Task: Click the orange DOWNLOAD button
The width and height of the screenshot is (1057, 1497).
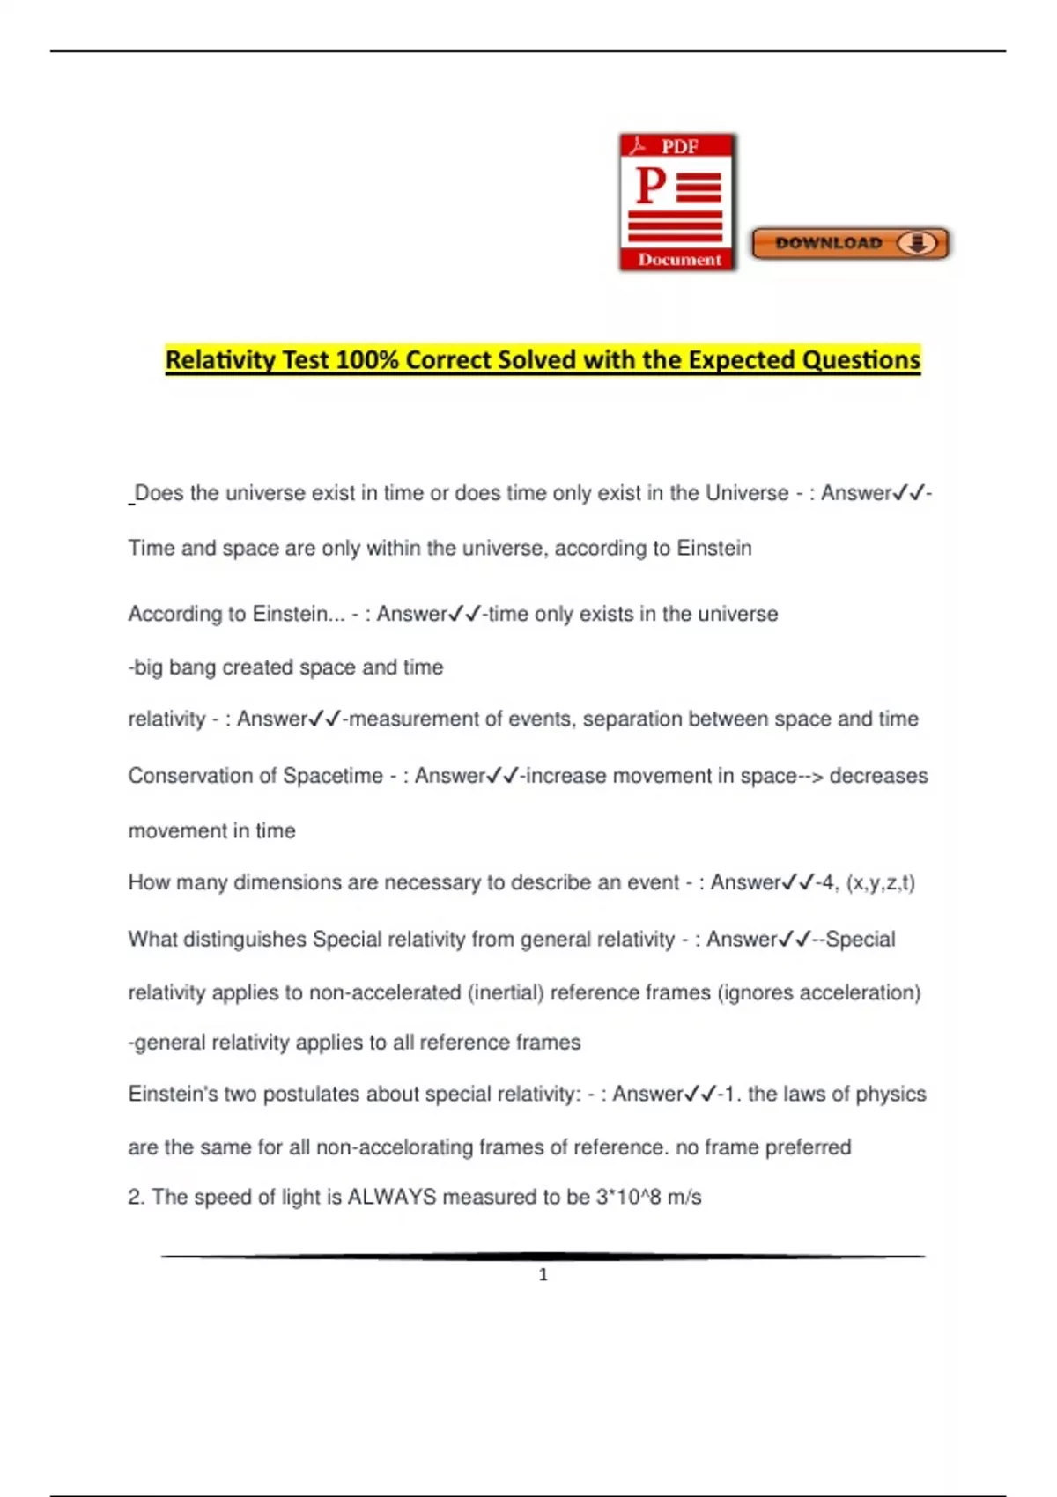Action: click(850, 243)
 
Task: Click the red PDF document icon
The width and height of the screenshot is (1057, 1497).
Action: click(677, 202)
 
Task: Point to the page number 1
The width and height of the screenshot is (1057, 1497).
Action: click(543, 1274)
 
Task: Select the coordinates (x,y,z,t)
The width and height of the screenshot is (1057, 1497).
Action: click(880, 882)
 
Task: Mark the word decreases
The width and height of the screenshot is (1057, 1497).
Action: click(878, 776)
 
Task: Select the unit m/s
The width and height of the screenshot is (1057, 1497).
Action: click(684, 1198)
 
